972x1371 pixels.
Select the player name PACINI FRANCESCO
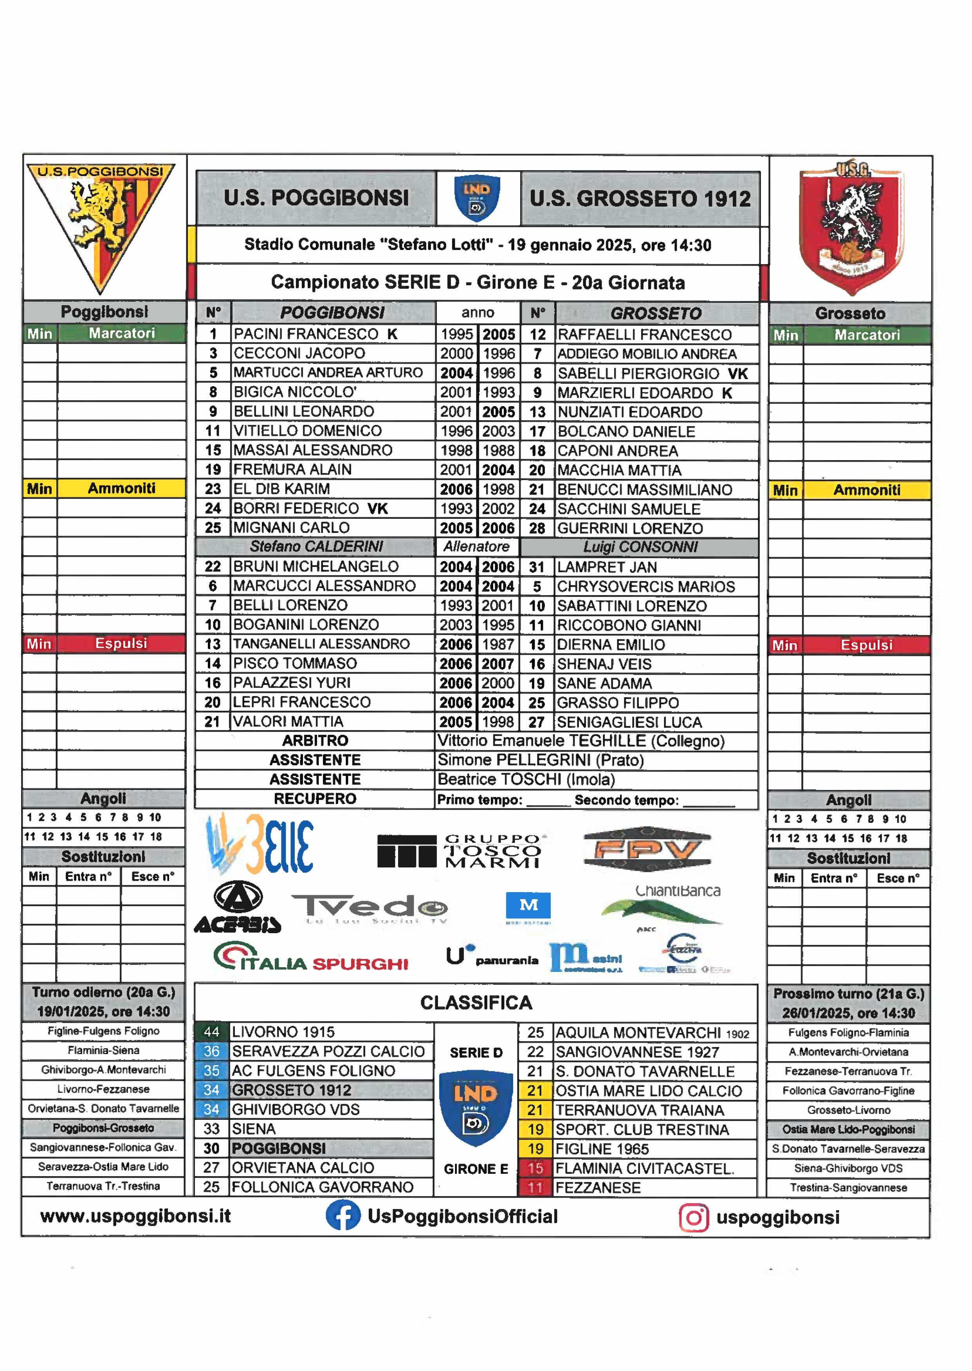point(306,334)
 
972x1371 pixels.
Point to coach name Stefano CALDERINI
point(316,546)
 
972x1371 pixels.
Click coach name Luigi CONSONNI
point(640,547)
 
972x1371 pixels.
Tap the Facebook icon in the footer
point(343,1216)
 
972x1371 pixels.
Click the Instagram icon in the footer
point(694,1217)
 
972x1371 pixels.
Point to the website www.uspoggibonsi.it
point(135,1216)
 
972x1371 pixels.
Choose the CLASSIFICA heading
point(476,1002)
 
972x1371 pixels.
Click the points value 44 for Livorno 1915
point(211,1032)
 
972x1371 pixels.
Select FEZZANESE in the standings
point(597,1187)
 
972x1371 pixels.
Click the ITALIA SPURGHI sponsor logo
point(311,957)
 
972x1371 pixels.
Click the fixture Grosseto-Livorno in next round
point(848,1110)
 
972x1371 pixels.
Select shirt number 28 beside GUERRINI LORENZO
point(537,528)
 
